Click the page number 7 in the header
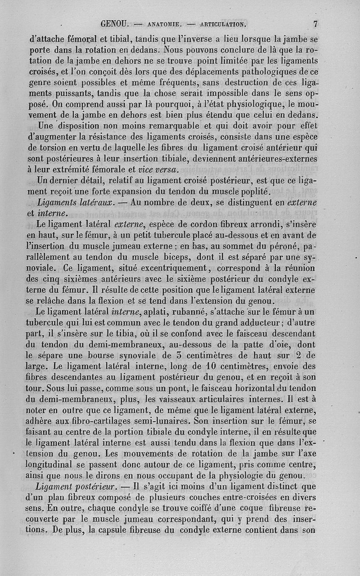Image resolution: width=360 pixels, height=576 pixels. pos(316,23)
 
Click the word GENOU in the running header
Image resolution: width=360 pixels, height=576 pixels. pos(116,23)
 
